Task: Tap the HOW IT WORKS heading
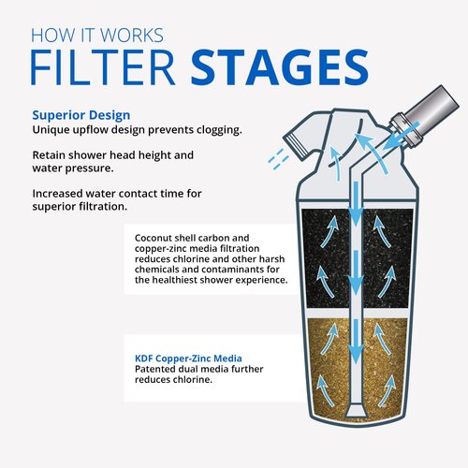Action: pos(97,35)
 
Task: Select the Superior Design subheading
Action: pos(81,115)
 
